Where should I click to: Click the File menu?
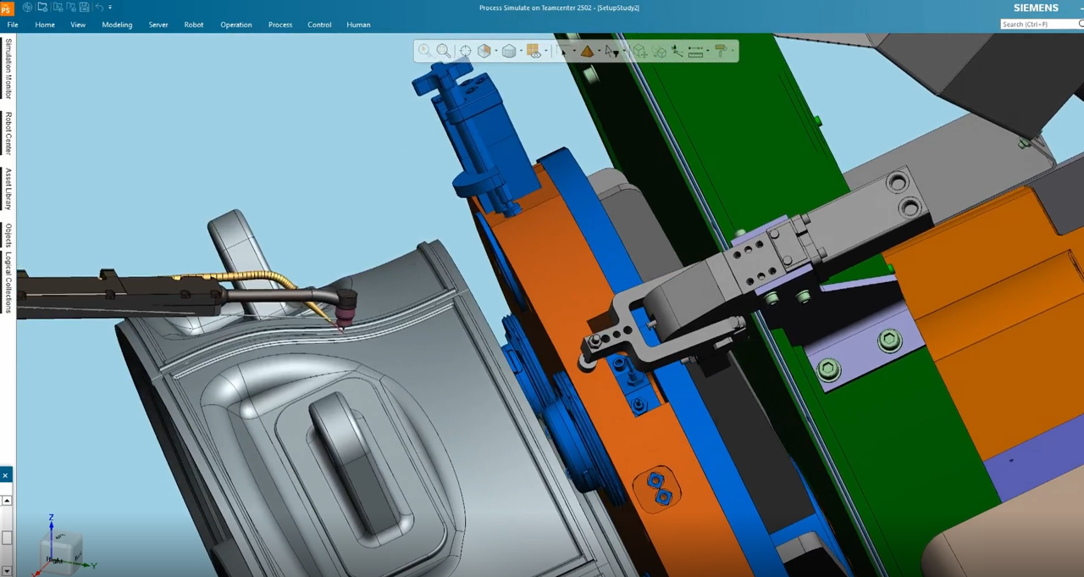pos(13,25)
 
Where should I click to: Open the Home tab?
pos(45,25)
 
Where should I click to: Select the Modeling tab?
pos(117,25)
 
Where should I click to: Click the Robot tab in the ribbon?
pos(194,25)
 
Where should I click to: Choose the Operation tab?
pos(236,25)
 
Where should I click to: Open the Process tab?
pos(280,25)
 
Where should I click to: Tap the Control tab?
pos(319,25)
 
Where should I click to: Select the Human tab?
pos(358,25)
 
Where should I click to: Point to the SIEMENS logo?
pos(1036,8)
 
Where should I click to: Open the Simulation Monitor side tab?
pos(8,69)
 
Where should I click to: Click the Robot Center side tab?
pos(8,133)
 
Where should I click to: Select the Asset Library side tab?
pos(8,189)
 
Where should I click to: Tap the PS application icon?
pos(7,8)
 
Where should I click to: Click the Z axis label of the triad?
pos(52,518)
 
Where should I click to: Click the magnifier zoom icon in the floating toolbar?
pos(443,52)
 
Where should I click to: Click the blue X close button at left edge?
pos(5,475)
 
